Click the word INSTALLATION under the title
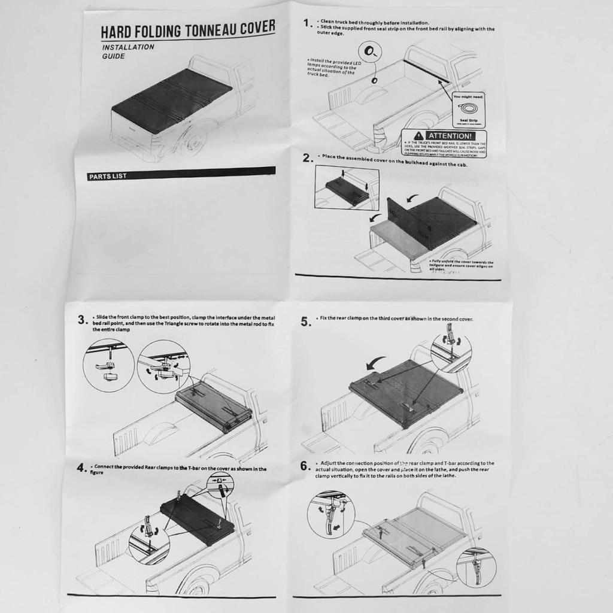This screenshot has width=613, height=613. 128,47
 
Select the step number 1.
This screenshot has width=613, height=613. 307,23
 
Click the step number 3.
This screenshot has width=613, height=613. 82,320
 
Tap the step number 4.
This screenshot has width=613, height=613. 82,469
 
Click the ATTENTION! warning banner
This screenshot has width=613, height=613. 444,136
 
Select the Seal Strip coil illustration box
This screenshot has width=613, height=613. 469,110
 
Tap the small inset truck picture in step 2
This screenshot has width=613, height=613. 346,187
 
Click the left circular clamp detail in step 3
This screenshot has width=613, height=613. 108,365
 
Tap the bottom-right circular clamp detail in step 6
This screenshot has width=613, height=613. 476,567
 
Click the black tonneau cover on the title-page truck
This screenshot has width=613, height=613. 172,99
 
